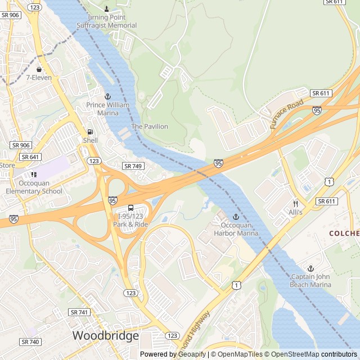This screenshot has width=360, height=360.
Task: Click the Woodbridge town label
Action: click(105, 336)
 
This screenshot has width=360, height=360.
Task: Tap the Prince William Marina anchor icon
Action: click(108, 97)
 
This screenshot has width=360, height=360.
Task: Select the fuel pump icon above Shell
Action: click(90, 132)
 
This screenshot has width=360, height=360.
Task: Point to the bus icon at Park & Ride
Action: click(131, 208)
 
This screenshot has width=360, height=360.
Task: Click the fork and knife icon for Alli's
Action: click(295, 204)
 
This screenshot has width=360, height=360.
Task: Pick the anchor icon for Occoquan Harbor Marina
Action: click(236, 217)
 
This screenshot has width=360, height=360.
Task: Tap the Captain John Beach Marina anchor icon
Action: click(310, 268)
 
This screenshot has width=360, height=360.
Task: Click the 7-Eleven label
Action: click(39, 78)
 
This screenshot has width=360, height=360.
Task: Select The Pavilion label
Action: click(150, 127)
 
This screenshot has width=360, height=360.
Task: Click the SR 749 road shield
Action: click(133, 166)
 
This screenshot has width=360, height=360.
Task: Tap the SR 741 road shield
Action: click(79, 312)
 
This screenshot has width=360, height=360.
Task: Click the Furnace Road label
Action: click(286, 114)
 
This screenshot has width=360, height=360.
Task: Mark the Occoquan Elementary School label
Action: click(34, 187)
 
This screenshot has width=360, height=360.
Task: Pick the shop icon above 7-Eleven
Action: click(39, 69)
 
